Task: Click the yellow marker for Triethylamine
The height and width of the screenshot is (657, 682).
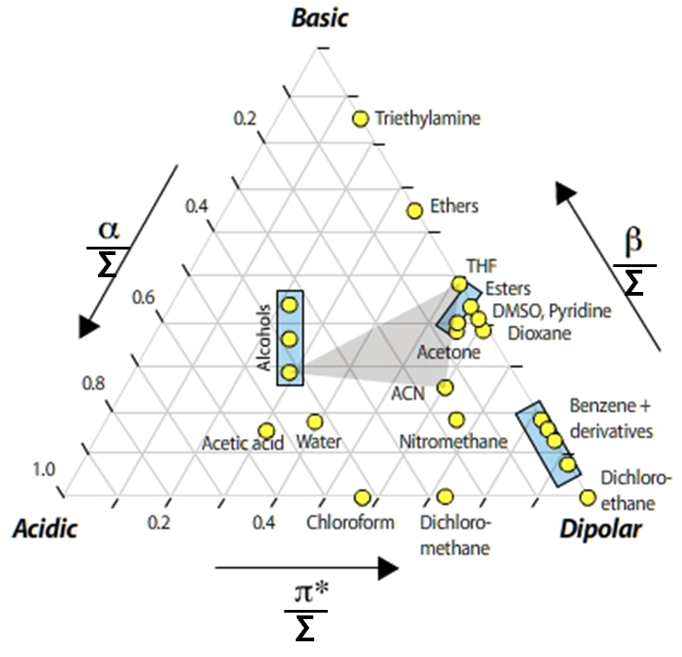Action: (x=360, y=118)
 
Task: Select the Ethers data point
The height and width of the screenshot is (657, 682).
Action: (x=415, y=211)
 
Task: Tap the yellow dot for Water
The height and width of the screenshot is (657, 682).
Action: (x=315, y=421)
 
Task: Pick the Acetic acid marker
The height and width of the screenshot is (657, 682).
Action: (x=266, y=431)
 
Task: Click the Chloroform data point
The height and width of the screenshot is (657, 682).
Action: (x=362, y=497)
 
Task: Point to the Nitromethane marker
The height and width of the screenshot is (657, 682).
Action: (x=457, y=420)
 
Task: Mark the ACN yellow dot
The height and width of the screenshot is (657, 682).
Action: (x=445, y=387)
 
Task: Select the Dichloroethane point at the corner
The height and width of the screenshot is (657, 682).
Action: (x=588, y=498)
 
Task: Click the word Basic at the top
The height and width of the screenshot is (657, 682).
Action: (x=320, y=18)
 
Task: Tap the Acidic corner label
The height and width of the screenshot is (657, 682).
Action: (x=45, y=529)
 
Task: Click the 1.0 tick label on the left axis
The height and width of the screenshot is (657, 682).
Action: (x=44, y=469)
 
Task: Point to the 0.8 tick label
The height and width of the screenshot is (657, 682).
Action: (x=93, y=383)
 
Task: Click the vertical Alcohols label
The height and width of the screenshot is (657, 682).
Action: (x=263, y=338)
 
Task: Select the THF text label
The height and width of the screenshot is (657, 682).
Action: (x=481, y=266)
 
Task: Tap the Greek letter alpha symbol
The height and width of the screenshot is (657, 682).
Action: (x=109, y=230)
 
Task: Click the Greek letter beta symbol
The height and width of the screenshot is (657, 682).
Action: (x=633, y=242)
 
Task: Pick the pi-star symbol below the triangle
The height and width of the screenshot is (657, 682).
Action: (x=311, y=592)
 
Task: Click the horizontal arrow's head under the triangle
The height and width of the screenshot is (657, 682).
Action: (x=388, y=568)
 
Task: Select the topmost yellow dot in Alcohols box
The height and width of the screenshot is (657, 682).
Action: (x=289, y=305)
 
